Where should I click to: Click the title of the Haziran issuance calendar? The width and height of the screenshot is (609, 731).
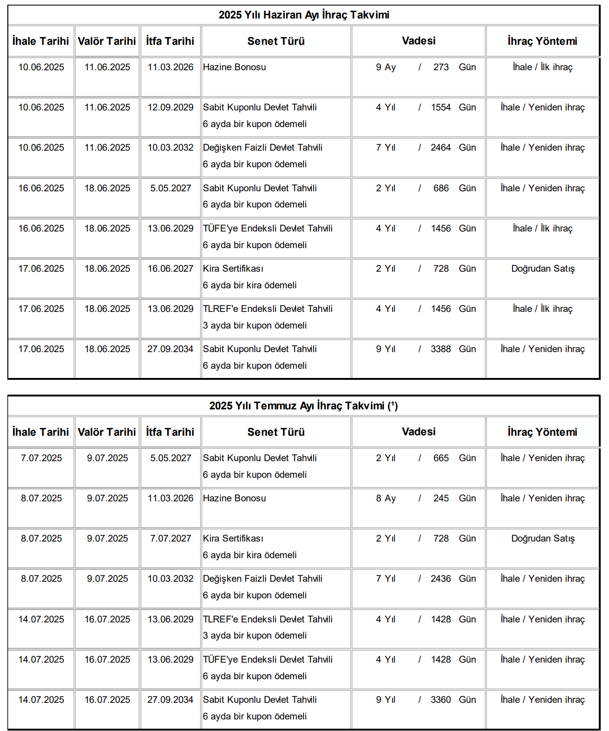(304, 15)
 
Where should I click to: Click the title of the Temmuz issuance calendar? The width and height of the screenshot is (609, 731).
(303, 406)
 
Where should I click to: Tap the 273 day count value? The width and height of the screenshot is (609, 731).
(441, 67)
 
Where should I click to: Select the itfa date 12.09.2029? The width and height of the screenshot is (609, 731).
(171, 107)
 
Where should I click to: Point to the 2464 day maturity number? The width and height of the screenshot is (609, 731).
(440, 147)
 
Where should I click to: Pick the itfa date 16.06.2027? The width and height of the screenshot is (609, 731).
(171, 268)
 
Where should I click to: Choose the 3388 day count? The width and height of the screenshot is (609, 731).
(440, 349)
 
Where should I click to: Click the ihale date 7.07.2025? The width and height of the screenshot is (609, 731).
(41, 458)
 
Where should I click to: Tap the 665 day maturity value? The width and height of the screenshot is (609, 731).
(441, 458)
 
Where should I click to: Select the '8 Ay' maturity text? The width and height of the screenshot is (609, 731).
(386, 498)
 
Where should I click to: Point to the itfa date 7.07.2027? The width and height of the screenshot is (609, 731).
(171, 538)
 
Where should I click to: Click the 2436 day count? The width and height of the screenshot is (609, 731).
(440, 579)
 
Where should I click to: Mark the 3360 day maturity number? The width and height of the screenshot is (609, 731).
(440, 700)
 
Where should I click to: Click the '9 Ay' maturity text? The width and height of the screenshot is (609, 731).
(386, 67)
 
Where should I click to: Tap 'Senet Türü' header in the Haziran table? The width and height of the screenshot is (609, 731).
(276, 41)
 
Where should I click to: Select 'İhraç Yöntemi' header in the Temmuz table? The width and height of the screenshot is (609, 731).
(542, 432)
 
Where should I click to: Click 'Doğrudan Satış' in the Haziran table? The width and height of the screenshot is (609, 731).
(542, 268)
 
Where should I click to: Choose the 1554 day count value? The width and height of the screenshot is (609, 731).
(440, 107)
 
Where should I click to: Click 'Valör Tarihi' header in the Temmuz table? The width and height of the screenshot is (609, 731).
(107, 432)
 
